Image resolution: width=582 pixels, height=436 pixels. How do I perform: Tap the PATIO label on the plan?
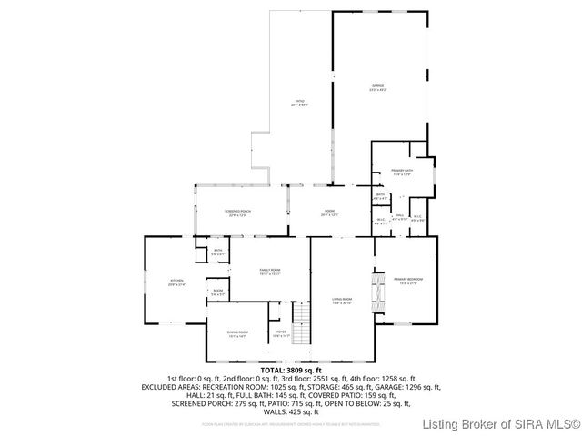tap(299, 103)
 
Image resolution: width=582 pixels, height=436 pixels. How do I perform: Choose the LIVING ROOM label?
tap(341, 301)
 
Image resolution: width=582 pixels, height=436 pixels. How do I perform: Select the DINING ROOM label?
tap(238, 334)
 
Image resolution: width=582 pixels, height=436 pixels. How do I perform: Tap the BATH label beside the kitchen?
tap(218, 253)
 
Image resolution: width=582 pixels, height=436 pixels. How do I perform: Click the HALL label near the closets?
tap(399, 217)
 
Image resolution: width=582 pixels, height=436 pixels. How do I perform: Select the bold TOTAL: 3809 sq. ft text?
tap(291, 371)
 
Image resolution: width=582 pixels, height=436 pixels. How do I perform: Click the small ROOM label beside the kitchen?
tap(218, 292)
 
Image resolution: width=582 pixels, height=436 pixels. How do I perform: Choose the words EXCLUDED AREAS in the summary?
tap(173, 386)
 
